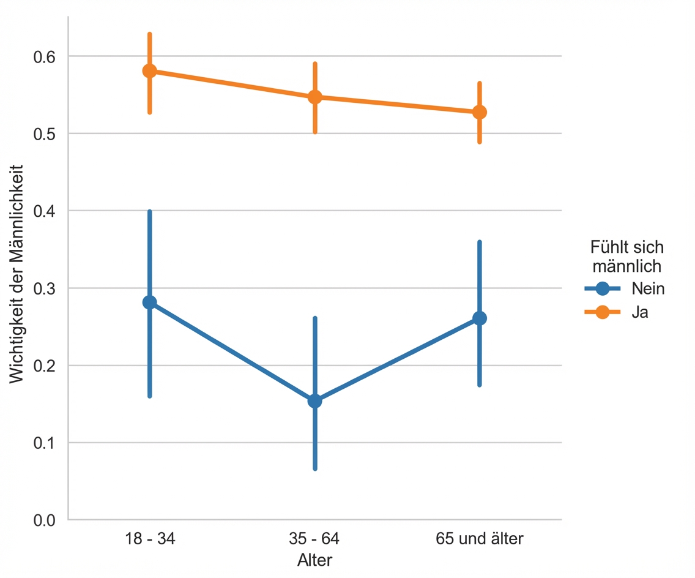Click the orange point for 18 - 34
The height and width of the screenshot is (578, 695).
tap(150, 71)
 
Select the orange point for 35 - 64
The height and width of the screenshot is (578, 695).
tap(315, 97)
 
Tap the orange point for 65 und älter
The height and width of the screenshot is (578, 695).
tap(480, 112)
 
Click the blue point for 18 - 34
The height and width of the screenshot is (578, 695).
tap(150, 302)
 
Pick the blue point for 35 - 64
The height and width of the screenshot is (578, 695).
tap(315, 401)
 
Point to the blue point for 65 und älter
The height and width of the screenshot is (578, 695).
tap(480, 318)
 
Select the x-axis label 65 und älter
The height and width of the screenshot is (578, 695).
tap(480, 539)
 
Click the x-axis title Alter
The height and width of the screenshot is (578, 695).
tap(315, 560)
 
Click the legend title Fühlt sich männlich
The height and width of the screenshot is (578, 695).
tap(626, 257)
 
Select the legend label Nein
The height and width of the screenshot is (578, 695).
tap(648, 289)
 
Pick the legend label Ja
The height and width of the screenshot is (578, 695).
tap(640, 312)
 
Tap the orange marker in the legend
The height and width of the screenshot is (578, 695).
tap(602, 312)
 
